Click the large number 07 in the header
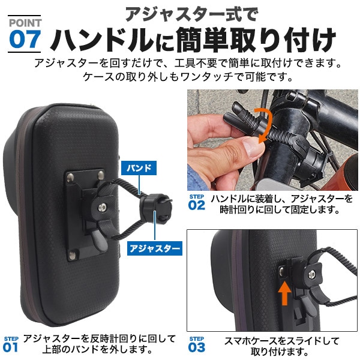(26, 39)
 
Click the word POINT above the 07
(26, 22)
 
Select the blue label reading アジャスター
(153, 247)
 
